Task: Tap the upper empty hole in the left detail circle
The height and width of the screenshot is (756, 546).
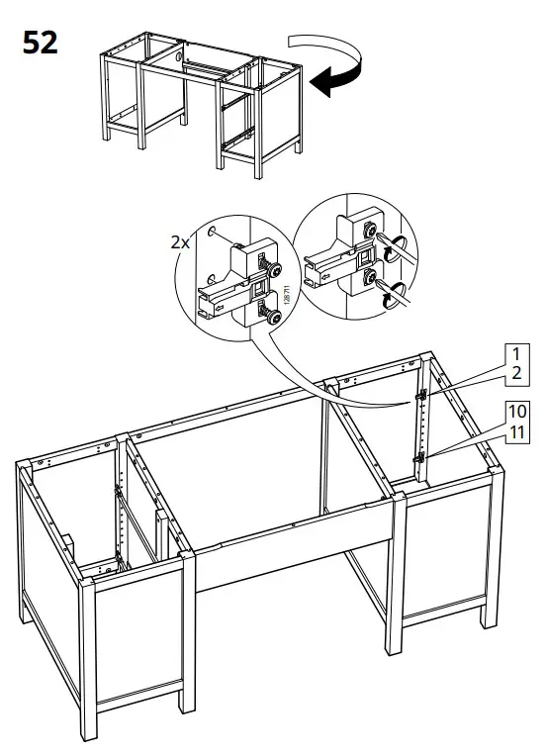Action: point(213,234)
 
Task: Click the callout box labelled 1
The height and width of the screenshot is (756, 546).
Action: point(514,354)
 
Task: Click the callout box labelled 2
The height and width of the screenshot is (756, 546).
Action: point(514,374)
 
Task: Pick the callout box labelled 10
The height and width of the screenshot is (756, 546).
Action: point(514,411)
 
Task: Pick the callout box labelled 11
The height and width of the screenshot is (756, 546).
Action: point(514,431)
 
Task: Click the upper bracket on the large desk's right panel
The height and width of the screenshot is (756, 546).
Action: point(420,395)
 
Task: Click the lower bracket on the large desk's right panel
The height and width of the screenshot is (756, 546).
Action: point(420,456)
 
